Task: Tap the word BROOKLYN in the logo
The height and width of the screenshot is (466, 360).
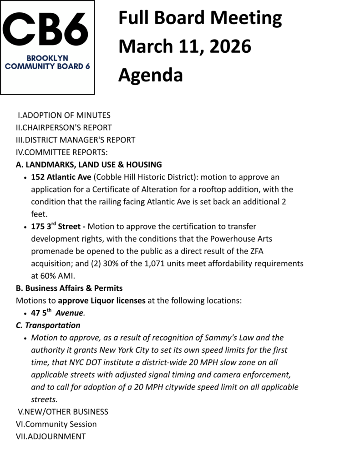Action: pyautogui.click(x=47, y=58)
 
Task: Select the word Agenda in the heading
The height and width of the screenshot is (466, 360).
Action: pyautogui.click(x=150, y=75)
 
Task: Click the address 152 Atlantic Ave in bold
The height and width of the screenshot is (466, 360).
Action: pyautogui.click(x=61, y=177)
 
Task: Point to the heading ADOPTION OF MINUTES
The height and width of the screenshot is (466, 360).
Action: pyautogui.click(x=66, y=115)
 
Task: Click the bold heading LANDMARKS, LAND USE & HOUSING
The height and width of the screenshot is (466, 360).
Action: pyautogui.click(x=93, y=164)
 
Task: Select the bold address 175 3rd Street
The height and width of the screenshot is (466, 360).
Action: pyautogui.click(x=58, y=226)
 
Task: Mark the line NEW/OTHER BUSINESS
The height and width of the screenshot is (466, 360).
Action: pyautogui.click(x=65, y=412)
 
